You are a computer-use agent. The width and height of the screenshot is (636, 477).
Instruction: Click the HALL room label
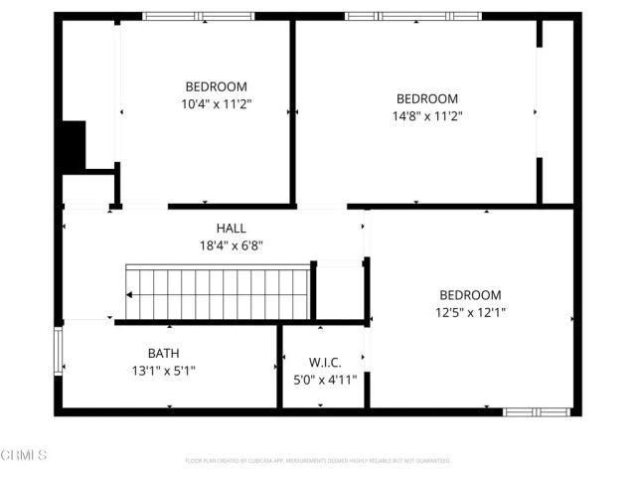(x=231, y=228)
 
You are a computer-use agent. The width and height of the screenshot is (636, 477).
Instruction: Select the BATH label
(x=164, y=353)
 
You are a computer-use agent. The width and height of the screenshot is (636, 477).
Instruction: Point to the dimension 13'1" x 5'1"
(x=164, y=371)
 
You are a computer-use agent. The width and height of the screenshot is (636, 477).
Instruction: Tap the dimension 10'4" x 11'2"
(x=217, y=103)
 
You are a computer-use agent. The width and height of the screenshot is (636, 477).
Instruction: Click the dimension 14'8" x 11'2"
(x=427, y=115)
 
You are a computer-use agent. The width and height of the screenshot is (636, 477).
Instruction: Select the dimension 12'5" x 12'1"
(x=470, y=312)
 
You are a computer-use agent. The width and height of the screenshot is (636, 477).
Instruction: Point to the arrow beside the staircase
(x=129, y=294)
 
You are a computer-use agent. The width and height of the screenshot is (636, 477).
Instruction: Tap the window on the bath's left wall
(x=59, y=353)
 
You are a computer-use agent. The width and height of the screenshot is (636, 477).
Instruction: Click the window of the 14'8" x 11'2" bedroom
(x=412, y=16)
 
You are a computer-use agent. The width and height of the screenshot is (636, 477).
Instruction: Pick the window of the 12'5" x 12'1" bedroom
(x=536, y=410)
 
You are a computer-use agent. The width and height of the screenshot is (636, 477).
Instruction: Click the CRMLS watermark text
(x=24, y=455)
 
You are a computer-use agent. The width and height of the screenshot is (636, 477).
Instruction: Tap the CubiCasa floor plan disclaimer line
(x=318, y=461)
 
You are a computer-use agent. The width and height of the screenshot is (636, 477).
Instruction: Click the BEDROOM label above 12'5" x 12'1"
(x=470, y=295)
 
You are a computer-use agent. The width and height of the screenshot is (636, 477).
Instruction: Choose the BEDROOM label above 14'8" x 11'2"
(x=427, y=98)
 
